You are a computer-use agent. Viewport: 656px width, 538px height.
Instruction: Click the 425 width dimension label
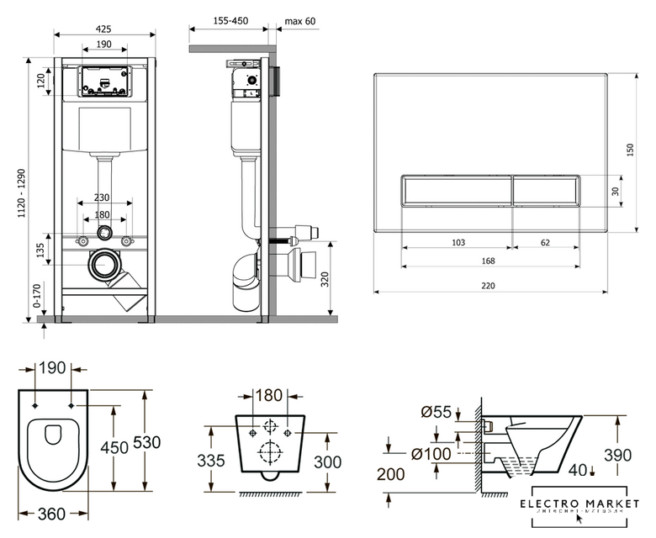[103, 28]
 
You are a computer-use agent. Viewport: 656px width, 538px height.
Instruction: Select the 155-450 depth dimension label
[229, 20]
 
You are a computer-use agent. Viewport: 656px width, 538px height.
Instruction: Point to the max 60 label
[300, 20]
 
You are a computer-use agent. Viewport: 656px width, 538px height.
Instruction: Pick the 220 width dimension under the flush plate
[489, 286]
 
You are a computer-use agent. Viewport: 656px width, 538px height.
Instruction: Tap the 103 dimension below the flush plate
[458, 242]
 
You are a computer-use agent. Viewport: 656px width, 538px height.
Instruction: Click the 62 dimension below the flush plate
[546, 242]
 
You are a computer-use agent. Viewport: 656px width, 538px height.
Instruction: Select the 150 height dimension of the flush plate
[630, 148]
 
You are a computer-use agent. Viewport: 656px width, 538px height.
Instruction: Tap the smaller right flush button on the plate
[546, 190]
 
